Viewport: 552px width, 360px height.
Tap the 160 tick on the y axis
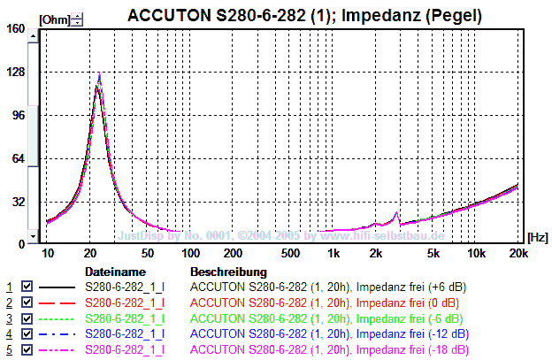[15, 28]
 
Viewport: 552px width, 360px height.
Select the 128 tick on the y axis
[15, 72]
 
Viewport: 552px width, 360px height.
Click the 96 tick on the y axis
[18, 115]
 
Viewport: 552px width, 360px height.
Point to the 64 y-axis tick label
[18, 158]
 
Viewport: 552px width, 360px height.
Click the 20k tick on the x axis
[518, 254]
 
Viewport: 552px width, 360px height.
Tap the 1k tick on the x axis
[333, 254]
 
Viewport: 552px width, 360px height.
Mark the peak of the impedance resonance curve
[99, 74]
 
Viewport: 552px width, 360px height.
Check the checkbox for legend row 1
[27, 287]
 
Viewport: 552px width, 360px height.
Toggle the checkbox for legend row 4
[27, 333]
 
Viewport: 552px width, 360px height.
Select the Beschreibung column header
[228, 272]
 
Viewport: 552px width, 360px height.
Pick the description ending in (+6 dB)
[328, 287]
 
